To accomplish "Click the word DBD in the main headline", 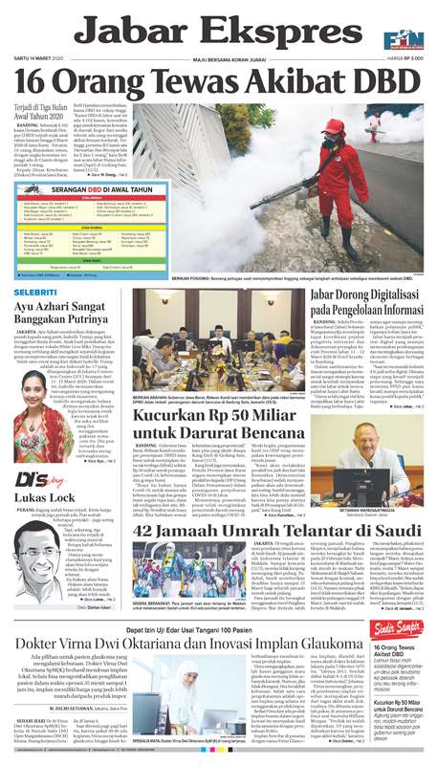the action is coord(384,83).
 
